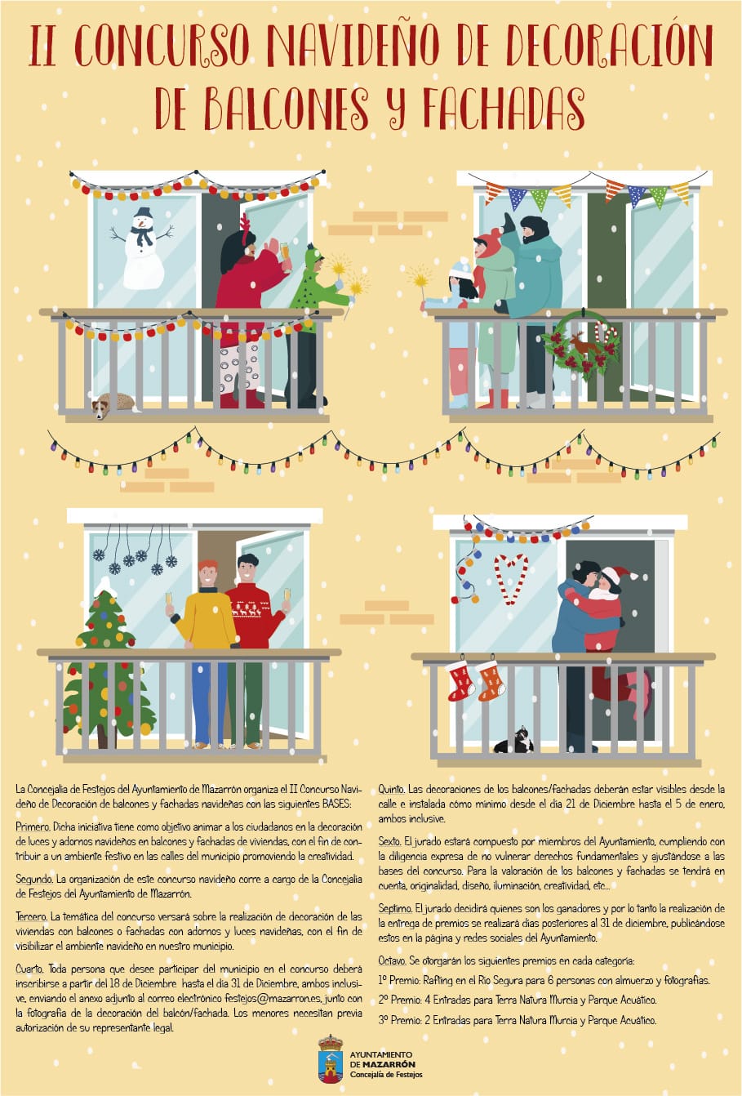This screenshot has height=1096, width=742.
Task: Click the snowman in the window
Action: click(143, 250)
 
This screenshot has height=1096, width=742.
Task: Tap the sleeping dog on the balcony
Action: click(113, 404)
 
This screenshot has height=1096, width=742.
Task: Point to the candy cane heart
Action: click(511, 579)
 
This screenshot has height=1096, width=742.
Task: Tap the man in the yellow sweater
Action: click(207, 654)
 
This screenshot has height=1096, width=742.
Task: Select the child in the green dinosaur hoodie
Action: click(312, 323)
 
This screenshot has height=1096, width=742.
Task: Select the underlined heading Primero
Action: click(33, 826)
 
